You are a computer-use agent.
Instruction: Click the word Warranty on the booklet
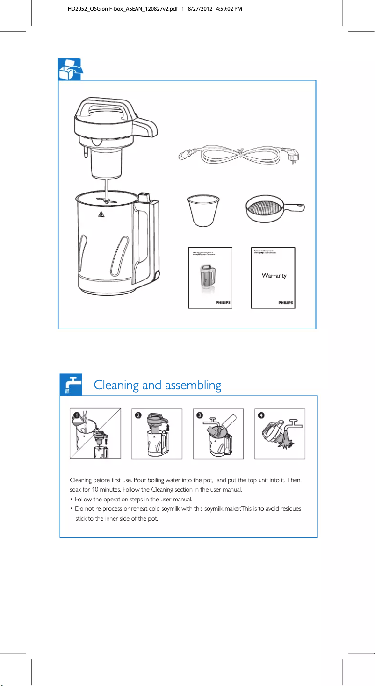(x=274, y=276)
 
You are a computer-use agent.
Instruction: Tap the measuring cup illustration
(x=203, y=211)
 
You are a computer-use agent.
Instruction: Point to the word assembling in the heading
(x=192, y=386)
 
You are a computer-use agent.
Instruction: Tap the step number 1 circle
(x=75, y=414)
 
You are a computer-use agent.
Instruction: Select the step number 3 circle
(x=199, y=414)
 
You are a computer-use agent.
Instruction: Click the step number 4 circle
(x=260, y=414)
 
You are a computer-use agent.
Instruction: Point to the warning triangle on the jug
(x=101, y=215)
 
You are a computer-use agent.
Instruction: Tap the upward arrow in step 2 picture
(x=168, y=427)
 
